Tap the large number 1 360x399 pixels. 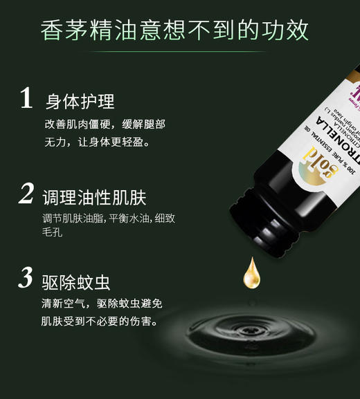click(x=26, y=100)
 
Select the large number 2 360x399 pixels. click(x=26, y=193)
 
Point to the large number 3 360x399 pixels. click(x=26, y=278)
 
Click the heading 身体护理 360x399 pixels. click(x=80, y=101)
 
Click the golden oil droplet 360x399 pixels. click(x=252, y=274)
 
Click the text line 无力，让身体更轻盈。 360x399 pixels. click(x=96, y=142)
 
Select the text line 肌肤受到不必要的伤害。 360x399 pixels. click(x=100, y=321)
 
